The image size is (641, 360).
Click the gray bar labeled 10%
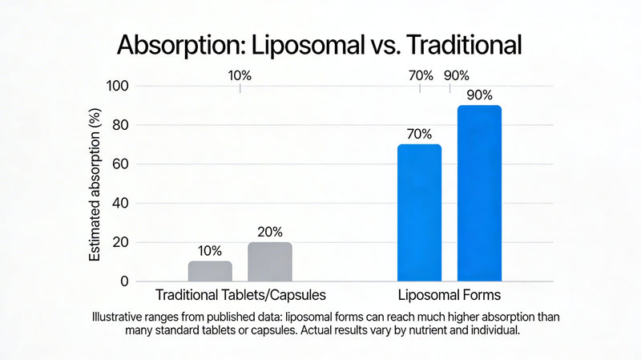[210, 271]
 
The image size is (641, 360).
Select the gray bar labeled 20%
[269, 261]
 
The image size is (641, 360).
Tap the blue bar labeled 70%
[419, 212]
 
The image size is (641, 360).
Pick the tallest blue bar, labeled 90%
[479, 192]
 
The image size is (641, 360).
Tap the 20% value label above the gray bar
[269, 232]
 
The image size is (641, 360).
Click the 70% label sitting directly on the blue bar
[419, 134]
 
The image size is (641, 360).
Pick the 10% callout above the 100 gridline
[240, 75]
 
